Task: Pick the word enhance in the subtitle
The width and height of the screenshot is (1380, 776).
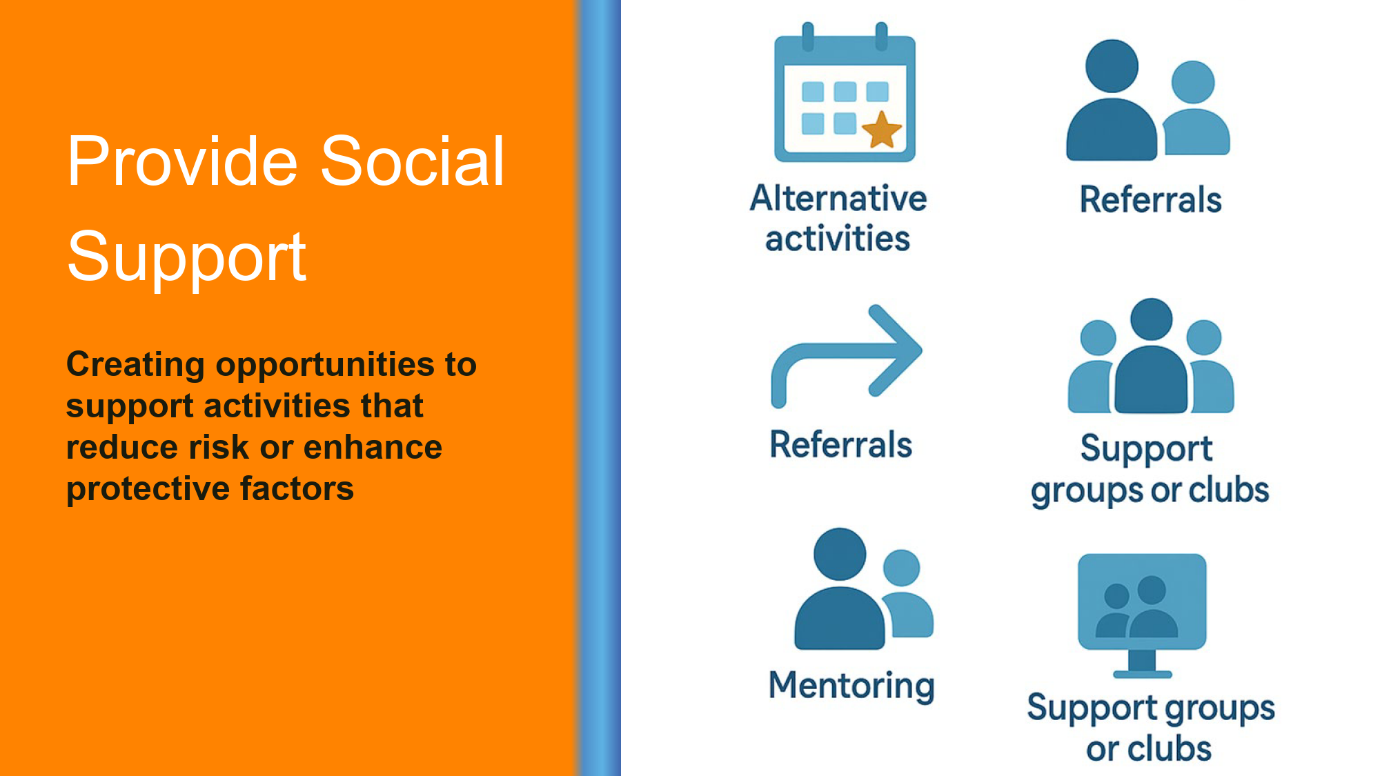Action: (x=373, y=447)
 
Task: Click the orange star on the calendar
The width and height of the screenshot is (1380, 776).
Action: (x=881, y=130)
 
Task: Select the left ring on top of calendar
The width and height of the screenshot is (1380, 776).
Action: (x=808, y=37)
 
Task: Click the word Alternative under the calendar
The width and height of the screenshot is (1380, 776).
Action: (x=838, y=199)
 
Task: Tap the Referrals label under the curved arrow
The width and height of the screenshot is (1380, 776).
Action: (x=841, y=444)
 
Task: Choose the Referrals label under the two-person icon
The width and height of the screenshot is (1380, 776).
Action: (x=1150, y=199)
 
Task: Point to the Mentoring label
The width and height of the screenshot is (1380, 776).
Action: (x=852, y=686)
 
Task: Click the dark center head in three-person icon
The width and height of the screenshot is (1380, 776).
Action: (x=1151, y=319)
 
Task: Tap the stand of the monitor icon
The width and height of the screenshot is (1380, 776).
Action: (x=1142, y=664)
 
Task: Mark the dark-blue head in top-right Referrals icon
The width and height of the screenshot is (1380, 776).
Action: (x=1112, y=66)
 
